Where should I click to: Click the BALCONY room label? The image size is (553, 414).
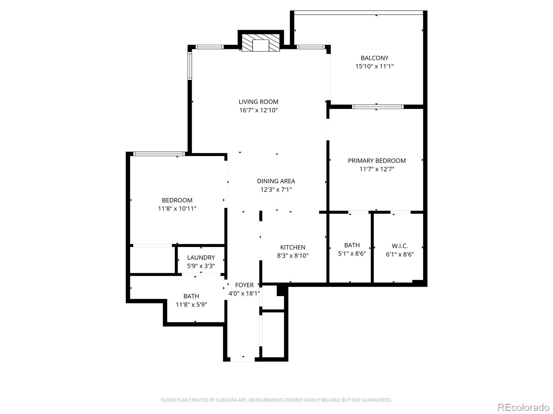pos(374,58)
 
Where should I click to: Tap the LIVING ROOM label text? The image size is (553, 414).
pos(258,102)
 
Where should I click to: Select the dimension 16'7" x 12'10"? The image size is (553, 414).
pos(258,110)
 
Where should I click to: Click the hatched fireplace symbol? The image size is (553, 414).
pos(260,43)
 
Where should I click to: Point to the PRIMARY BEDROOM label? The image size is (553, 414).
pos(376,161)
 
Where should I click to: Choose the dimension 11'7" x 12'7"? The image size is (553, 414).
pos(376,169)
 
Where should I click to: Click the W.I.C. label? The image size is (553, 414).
pos(400,246)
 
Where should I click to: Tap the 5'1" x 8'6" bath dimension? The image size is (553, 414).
pos(352,254)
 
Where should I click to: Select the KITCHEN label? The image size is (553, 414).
pos(292,247)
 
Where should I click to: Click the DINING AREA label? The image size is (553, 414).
pos(276,181)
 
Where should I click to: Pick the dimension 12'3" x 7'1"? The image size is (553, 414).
pos(276,189)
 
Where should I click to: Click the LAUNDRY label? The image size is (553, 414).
pos(201,258)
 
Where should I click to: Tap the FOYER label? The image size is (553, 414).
pos(244,285)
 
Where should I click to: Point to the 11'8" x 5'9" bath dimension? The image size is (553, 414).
pos(191,305)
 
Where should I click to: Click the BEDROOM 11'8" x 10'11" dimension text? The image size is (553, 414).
pos(177,209)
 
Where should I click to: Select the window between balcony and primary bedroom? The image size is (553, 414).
pos(377,107)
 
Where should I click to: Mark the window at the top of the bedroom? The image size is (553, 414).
pos(159,154)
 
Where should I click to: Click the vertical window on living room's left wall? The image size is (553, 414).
pos(190,66)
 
